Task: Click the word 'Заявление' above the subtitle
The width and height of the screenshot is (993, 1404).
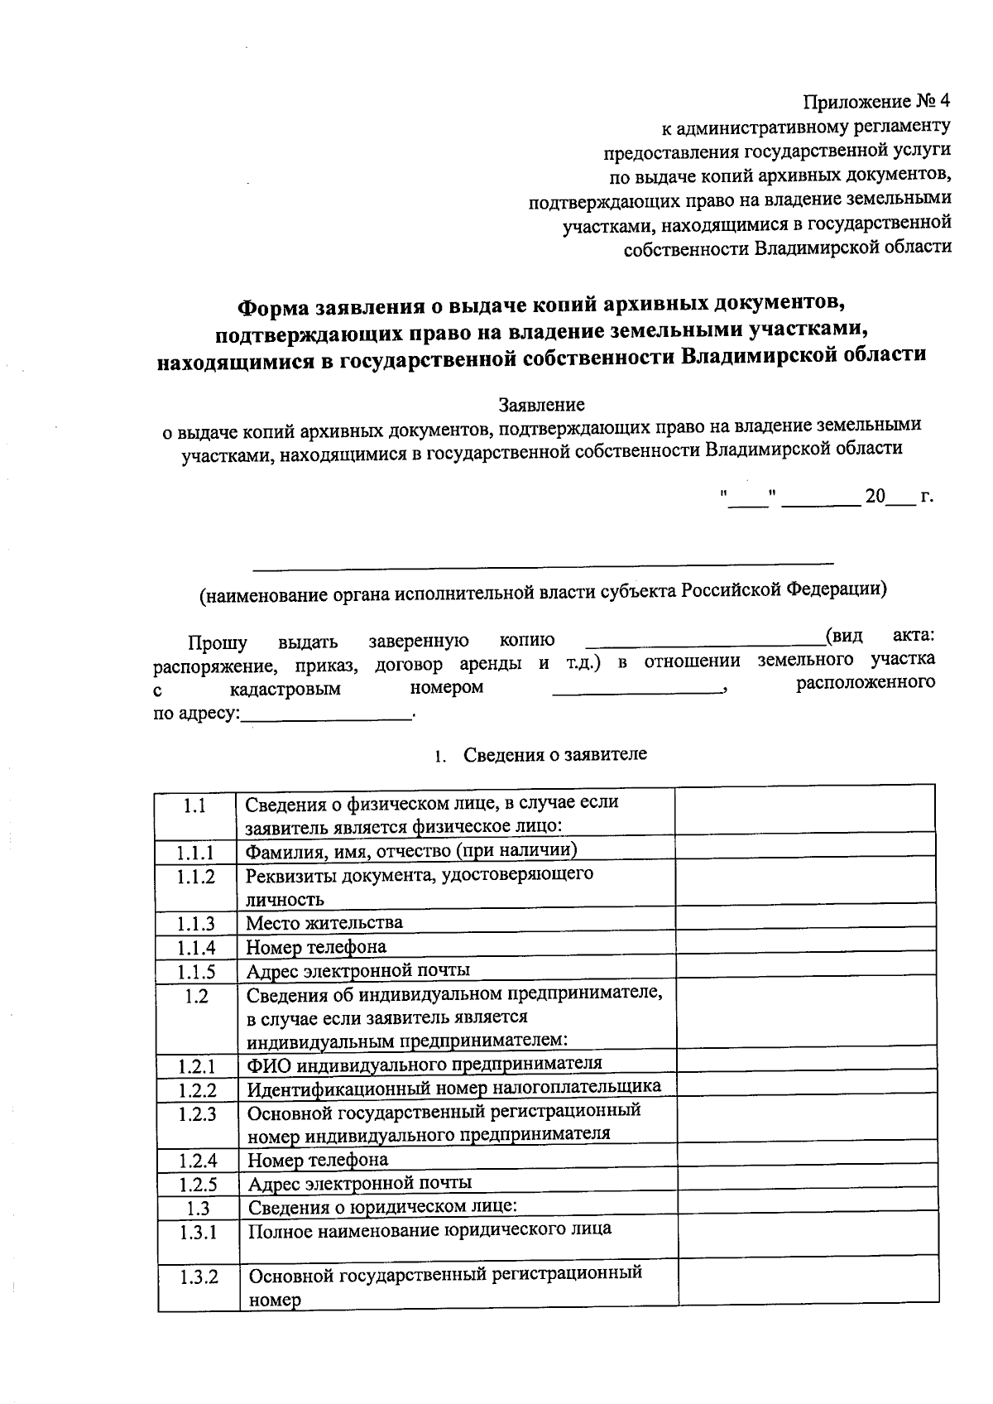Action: [541, 405]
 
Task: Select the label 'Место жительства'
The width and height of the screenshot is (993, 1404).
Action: [324, 922]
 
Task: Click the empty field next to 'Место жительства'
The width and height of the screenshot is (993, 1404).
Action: [806, 922]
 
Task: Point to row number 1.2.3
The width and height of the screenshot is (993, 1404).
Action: [197, 1113]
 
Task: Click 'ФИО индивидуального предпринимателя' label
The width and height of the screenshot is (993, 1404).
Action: [425, 1063]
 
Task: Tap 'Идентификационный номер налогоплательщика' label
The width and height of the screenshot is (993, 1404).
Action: [454, 1087]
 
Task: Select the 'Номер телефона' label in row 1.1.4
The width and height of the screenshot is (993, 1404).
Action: [316, 946]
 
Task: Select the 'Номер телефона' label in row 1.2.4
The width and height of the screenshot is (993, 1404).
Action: [318, 1159]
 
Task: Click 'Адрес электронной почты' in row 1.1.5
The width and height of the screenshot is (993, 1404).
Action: [358, 969]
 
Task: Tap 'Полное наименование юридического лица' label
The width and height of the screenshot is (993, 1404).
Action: [430, 1228]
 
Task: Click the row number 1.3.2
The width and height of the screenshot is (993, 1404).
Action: [199, 1277]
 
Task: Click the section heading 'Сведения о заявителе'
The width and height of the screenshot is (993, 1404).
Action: [554, 754]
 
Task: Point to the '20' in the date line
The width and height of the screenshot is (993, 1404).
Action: [875, 497]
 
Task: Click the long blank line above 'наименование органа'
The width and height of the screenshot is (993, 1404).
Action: [543, 567]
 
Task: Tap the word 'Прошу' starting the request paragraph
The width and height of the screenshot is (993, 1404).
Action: [217, 642]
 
